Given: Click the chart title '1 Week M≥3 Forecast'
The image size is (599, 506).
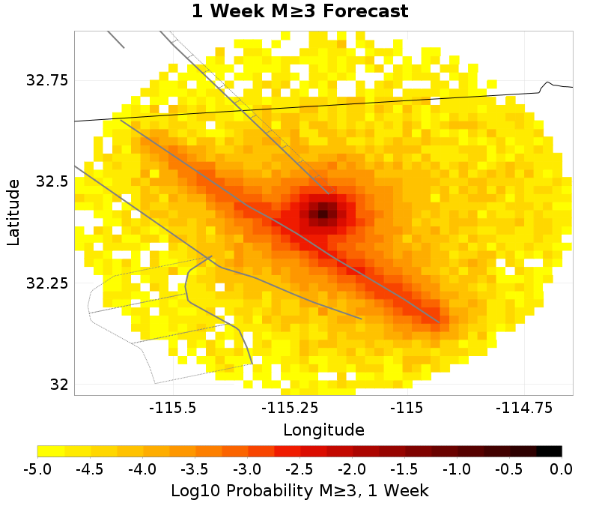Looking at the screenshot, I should pyautogui.click(x=299, y=12).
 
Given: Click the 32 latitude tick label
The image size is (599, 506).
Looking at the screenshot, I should pyautogui.click(x=58, y=385).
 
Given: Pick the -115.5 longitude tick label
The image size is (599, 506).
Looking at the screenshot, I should pyautogui.click(x=173, y=409).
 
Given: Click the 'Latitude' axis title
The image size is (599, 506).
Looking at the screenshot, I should pyautogui.click(x=13, y=211).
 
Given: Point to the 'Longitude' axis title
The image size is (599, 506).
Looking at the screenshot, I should pyautogui.click(x=323, y=430).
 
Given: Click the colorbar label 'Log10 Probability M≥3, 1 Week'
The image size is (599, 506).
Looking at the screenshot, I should pyautogui.click(x=299, y=491).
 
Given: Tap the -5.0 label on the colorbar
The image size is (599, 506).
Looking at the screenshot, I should pyautogui.click(x=37, y=469).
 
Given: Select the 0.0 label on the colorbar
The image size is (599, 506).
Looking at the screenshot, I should pyautogui.click(x=562, y=469).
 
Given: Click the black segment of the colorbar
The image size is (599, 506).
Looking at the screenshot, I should pyautogui.click(x=549, y=451).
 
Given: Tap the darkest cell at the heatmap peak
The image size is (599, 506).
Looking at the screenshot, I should pyautogui.click(x=323, y=214).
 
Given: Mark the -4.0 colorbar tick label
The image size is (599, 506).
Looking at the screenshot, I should pyautogui.click(x=142, y=469).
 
